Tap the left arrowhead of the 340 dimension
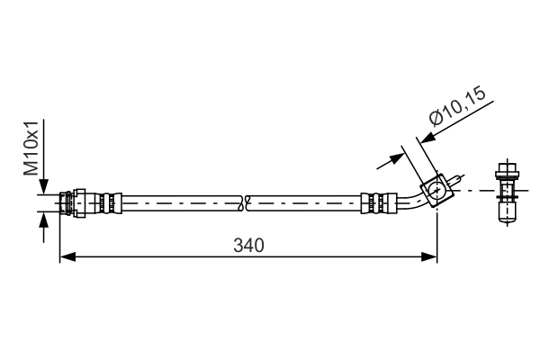point(66,257)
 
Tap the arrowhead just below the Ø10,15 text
point(428,137)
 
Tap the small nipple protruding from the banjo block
point(458,181)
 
